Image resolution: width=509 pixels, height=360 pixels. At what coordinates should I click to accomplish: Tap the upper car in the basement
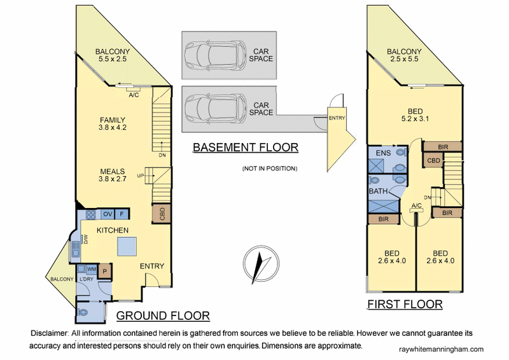213,55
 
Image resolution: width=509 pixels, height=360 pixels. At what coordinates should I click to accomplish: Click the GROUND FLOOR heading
162,315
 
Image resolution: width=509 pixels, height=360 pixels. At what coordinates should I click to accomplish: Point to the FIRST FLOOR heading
405,305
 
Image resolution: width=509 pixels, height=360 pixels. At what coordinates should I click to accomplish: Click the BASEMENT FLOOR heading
246,148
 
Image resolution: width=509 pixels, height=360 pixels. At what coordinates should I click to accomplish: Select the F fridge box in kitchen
122,214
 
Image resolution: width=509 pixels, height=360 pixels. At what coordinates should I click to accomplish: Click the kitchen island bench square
127,245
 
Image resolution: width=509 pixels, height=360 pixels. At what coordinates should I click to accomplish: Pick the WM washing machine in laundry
92,270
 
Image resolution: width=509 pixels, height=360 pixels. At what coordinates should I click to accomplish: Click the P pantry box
106,272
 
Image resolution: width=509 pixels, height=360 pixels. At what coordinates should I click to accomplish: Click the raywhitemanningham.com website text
440,349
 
